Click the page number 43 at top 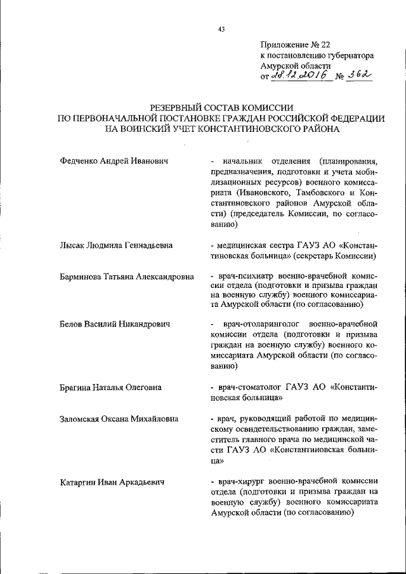point(221,29)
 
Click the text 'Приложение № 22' point(295,44)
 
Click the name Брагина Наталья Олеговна point(110,387)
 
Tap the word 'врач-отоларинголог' point(254,324)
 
